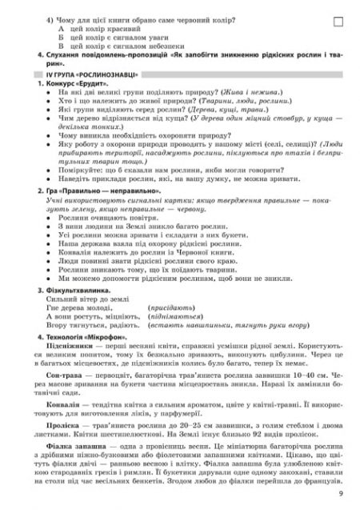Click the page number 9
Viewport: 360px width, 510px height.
(340, 496)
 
